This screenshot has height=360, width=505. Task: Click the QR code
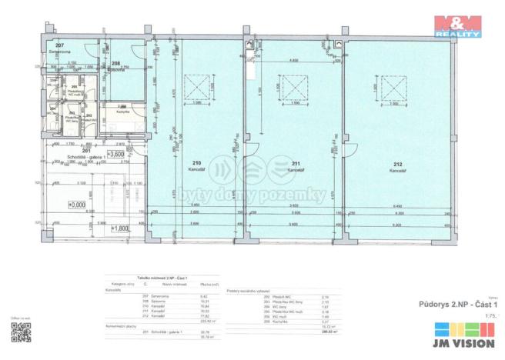pyautogui.click(x=21, y=333)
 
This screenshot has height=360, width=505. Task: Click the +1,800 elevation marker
pyautogui.click(x=119, y=228)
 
